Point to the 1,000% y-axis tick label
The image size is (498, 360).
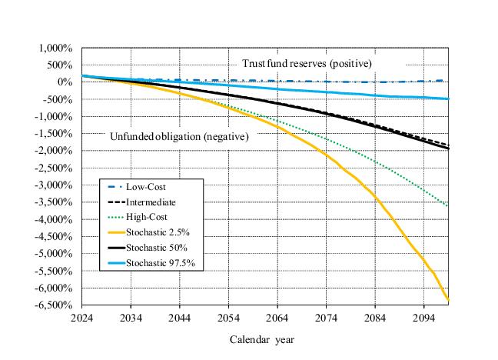click(55, 48)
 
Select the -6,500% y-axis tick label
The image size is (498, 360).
click(52, 305)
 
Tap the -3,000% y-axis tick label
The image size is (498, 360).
click(52, 185)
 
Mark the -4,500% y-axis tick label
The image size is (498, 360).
click(52, 236)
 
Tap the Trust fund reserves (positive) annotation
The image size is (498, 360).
click(307, 62)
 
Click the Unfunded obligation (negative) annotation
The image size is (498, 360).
click(180, 137)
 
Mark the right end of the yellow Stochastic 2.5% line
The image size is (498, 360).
click(449, 301)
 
